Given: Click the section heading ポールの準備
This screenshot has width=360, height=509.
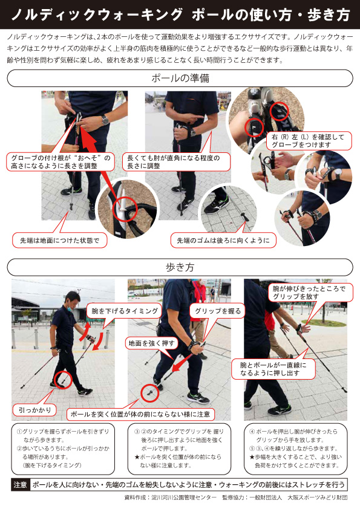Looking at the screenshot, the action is pos(180,78).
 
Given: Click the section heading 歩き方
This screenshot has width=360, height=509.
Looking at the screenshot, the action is pos(180,267).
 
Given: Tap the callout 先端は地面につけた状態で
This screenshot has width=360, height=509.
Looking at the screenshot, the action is pos(59,240).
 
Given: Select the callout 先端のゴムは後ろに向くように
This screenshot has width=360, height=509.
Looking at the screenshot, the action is pos(223,241).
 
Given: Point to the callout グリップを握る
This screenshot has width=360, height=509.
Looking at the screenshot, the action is pos(217,311).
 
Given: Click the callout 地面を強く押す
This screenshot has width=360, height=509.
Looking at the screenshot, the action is pos(151,343).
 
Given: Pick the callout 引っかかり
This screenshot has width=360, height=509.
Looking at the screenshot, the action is pos(35,410).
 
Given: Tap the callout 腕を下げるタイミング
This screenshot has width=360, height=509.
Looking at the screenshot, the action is pos(124,311).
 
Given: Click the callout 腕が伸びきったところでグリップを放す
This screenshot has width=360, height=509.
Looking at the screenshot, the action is pos(310,293).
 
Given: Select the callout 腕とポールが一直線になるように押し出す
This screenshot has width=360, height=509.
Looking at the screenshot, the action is pos(273,369).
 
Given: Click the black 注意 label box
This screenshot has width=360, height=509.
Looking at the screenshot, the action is pos(20,485).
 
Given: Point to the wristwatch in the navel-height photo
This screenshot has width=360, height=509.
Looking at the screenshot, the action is pos(105,120).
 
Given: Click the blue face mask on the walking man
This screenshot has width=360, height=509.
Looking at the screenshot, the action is pos(70,309).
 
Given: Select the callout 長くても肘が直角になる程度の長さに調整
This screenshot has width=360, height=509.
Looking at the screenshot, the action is pos(176,161).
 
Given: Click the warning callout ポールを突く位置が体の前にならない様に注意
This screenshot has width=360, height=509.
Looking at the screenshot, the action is pos(140,414).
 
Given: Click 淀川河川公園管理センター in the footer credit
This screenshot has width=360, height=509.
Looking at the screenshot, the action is pos(183,498).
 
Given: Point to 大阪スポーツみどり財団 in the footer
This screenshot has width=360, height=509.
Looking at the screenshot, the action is pos(318,498).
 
